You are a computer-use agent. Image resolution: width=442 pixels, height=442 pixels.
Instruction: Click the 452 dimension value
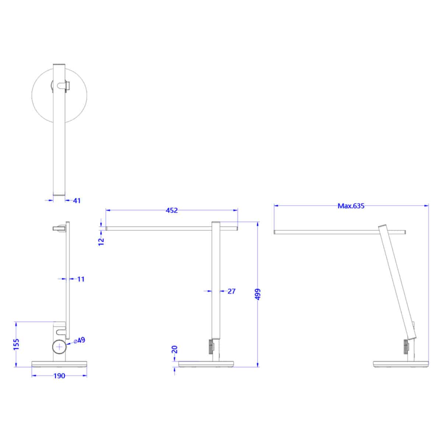pyautogui.click(x=172, y=210)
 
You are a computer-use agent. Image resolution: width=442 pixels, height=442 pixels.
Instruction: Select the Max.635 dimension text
pyautogui.click(x=351, y=206)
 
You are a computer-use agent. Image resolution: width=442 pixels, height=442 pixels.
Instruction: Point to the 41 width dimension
pyautogui.click(x=77, y=201)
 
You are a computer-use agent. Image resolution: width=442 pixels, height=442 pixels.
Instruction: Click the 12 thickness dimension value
pyautogui.click(x=102, y=241)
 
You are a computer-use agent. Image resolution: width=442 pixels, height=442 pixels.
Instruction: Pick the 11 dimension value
pyautogui.click(x=81, y=279)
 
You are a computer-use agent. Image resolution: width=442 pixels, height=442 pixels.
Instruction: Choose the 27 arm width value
pyautogui.click(x=231, y=291)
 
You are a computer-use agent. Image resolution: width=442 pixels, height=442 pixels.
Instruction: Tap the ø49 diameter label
pyautogui.click(x=80, y=340)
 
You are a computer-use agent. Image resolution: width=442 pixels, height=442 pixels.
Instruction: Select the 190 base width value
pyautogui.click(x=59, y=376)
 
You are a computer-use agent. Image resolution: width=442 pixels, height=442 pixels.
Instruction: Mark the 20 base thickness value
pyautogui.click(x=175, y=349)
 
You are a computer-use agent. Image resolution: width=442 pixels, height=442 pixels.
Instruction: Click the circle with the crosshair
pyautogui.click(x=59, y=347)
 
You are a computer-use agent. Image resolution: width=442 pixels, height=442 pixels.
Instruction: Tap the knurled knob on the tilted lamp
pyautogui.click(x=406, y=347)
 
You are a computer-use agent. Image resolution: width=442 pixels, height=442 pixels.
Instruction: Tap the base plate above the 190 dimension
pyautogui.click(x=59, y=364)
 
